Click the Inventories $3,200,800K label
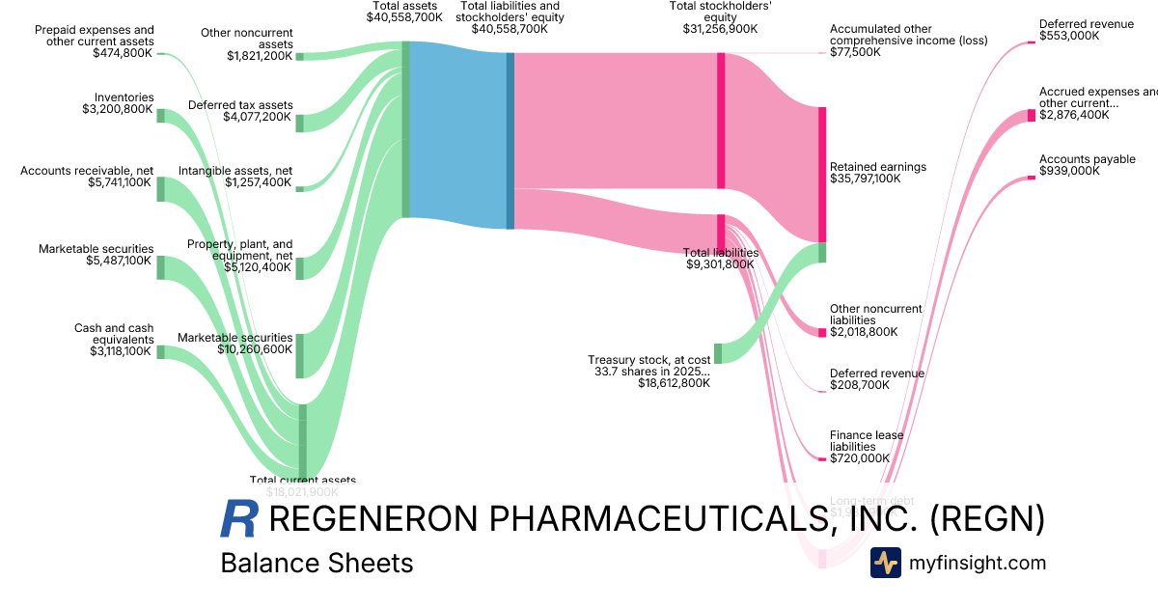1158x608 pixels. [118, 103]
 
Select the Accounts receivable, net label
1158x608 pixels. [87, 177]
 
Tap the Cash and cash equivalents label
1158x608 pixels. [114, 340]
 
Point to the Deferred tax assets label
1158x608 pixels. [239, 111]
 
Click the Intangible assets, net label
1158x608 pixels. [234, 177]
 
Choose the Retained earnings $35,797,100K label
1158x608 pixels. [878, 173]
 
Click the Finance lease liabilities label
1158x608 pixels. [867, 447]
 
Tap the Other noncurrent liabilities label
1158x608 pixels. [875, 319]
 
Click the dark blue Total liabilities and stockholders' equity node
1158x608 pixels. [510, 141]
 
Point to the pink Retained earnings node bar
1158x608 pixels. [822, 174]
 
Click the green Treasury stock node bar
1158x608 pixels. [718, 353]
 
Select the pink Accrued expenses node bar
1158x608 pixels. [1032, 116]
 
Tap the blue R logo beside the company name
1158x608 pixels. [239, 519]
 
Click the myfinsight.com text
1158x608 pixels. [978, 563]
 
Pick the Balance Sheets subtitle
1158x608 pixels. [317, 563]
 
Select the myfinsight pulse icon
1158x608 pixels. [885, 563]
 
